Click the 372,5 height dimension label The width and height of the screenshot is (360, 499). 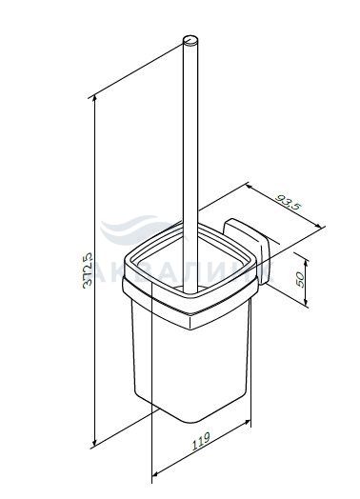[88, 270]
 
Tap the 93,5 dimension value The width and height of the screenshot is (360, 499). [288, 203]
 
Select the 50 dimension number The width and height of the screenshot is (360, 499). [300, 279]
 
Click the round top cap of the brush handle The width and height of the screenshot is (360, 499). [190, 40]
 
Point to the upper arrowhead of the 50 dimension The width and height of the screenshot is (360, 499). [306, 263]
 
